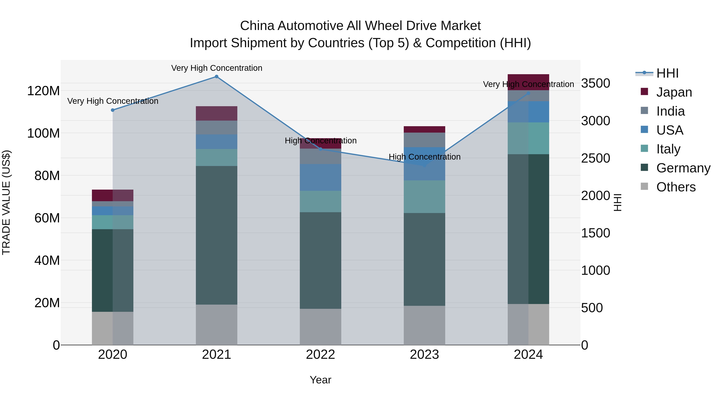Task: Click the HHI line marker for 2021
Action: click(216, 77)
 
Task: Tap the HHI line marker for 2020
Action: click(113, 110)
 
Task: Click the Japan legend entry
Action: click(674, 92)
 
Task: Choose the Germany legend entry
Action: click(683, 168)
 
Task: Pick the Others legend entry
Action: click(676, 187)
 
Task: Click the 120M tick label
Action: click(43, 91)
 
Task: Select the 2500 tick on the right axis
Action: click(595, 158)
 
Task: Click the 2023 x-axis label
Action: click(424, 355)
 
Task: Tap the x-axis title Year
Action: click(320, 380)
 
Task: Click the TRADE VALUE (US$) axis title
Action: click(6, 202)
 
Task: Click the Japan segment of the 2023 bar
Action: click(424, 129)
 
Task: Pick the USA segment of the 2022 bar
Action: click(320, 177)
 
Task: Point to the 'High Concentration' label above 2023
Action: click(424, 157)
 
